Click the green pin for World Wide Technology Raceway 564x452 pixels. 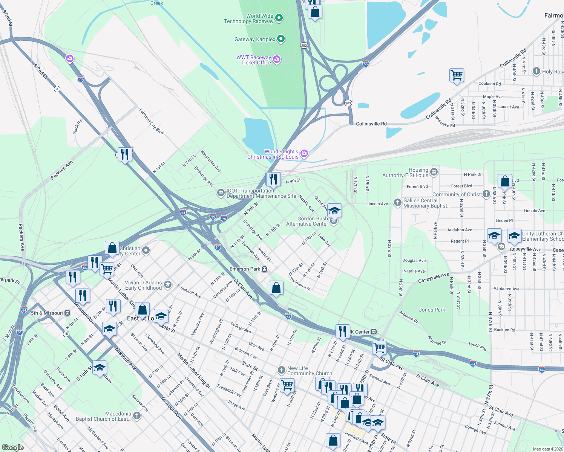(279, 18)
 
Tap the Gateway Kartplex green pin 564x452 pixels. (281, 39)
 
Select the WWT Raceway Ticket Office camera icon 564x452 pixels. (277, 60)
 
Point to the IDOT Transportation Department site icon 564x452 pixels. (221, 193)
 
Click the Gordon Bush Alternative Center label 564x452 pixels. (307, 221)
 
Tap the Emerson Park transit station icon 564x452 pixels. (265, 269)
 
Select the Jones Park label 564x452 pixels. (432, 310)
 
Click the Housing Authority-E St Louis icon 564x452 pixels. (434, 172)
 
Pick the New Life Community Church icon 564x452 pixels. (281, 370)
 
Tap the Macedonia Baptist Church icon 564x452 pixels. (137, 416)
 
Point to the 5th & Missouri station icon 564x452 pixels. (67, 313)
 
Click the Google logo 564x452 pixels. (13, 447)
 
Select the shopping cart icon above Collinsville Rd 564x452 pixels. (457, 75)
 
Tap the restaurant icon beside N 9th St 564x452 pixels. (273, 179)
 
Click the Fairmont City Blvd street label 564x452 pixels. (151, 121)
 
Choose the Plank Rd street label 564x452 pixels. (78, 127)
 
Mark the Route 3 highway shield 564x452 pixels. (57, 89)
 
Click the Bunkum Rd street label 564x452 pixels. (504, 330)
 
